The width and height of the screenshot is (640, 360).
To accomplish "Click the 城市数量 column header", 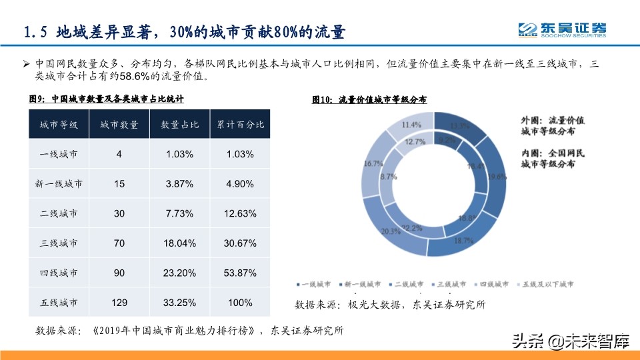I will coord(119,125).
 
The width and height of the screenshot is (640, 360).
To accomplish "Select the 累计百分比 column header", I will coord(240,125).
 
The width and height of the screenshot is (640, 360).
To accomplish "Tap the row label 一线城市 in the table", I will coord(59,154).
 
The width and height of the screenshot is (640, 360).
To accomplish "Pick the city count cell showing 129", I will coord(119,303).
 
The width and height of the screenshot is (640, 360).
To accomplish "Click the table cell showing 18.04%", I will coord(180,243).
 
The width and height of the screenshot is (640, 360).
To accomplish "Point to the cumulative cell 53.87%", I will coord(240,273).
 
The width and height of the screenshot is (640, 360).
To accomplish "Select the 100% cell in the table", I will coord(240,303).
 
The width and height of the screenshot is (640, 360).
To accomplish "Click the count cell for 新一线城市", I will coord(119,184).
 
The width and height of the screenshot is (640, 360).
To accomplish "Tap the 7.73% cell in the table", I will coord(180,213).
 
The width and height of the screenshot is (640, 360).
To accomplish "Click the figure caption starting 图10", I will coord(369,99).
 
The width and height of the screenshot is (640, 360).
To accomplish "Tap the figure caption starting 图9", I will coord(107,99).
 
